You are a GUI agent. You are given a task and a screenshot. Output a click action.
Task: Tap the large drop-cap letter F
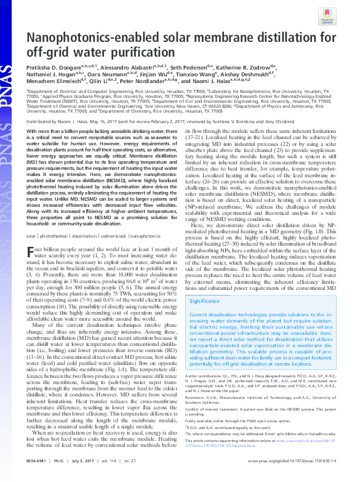30,235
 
